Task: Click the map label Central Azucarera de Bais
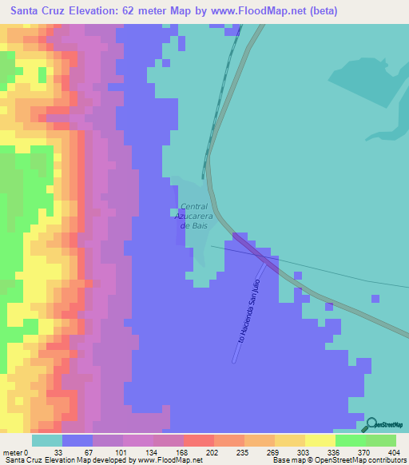(194, 216)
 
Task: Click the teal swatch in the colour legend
(47, 440)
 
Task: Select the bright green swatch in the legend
(351, 440)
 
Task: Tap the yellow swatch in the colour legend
(320, 440)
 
